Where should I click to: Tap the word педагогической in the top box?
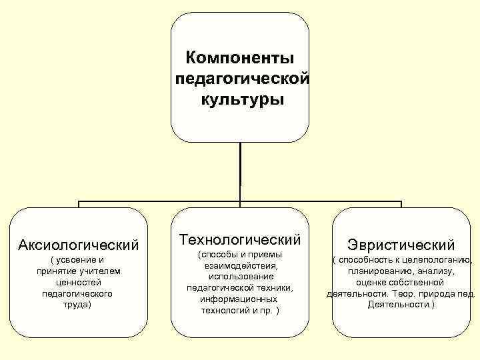tap(241, 79)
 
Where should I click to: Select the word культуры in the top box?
tap(241, 100)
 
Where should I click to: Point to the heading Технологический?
tap(240, 239)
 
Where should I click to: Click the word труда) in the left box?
tap(77, 304)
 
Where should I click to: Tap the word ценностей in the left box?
tap(77, 281)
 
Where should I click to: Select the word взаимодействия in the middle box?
tap(238, 265)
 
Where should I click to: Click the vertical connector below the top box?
tap(240, 170)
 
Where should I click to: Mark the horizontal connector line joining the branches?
tap(160, 201)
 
